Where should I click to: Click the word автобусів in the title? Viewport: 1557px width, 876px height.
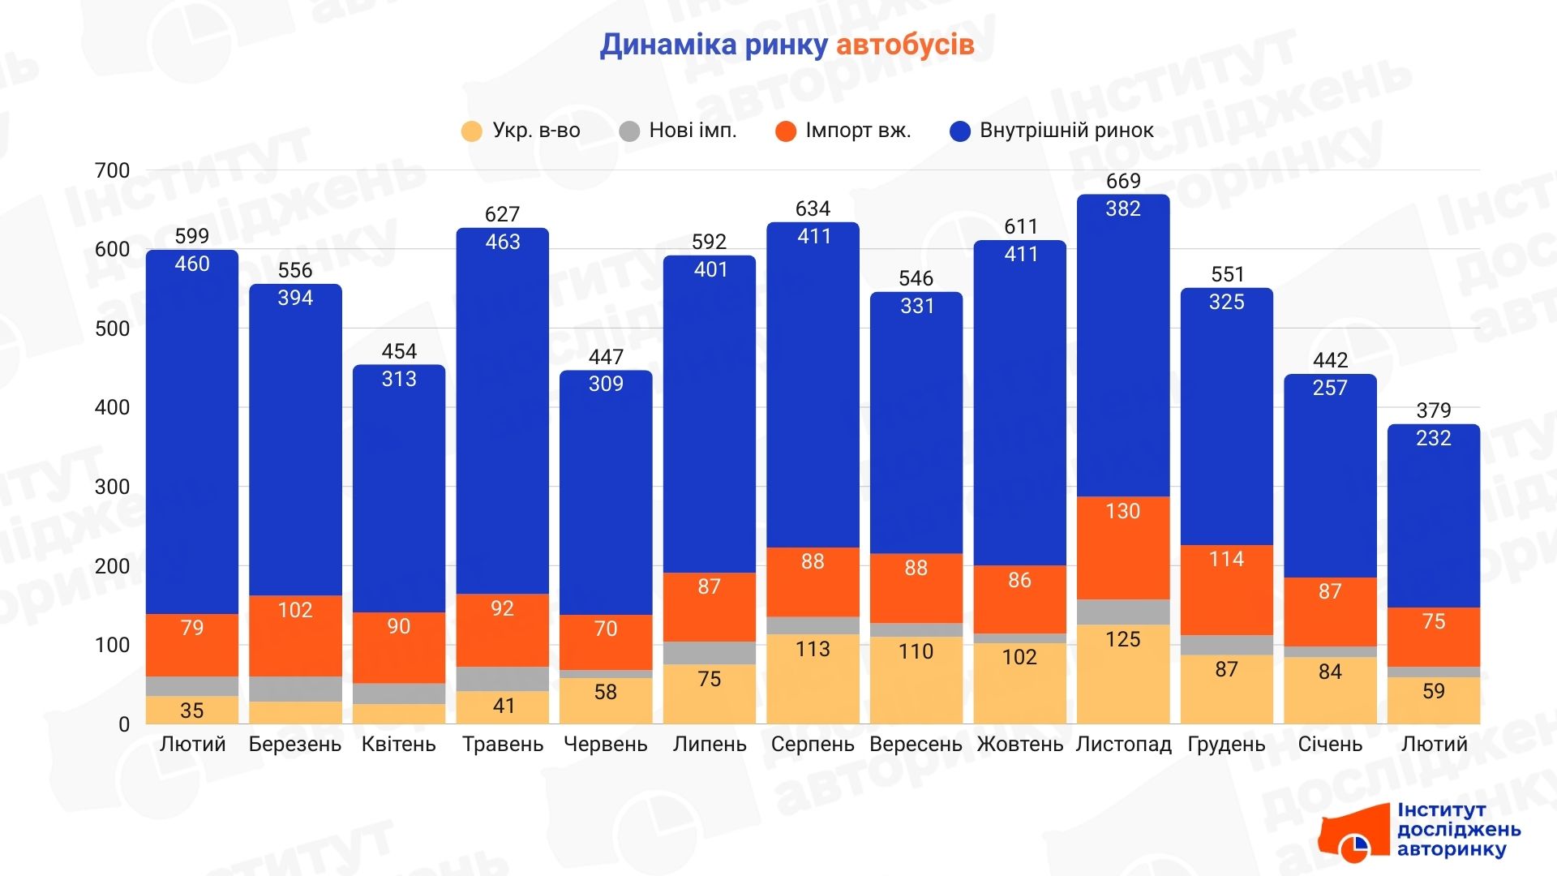coord(904,45)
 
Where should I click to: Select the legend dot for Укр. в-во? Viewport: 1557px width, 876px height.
coord(471,131)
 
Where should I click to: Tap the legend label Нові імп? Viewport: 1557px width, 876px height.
coord(693,131)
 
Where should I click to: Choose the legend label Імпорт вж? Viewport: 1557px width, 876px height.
coord(858,131)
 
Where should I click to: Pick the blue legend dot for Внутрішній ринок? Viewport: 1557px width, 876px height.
coord(960,131)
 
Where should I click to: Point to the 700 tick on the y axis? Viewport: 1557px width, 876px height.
coord(112,170)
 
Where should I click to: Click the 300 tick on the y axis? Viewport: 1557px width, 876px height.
coord(112,487)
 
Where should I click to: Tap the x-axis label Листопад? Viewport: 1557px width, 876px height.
coord(1123,744)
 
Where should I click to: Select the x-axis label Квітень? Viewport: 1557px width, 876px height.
coord(398,744)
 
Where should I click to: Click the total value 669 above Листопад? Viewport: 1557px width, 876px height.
coord(1123,181)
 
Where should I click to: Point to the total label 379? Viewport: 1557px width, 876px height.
coord(1433,410)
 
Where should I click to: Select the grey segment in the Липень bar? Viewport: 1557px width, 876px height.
coord(709,653)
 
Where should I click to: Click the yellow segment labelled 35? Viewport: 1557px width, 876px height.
coord(192,710)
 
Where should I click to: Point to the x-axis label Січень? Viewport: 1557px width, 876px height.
coord(1330,744)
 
